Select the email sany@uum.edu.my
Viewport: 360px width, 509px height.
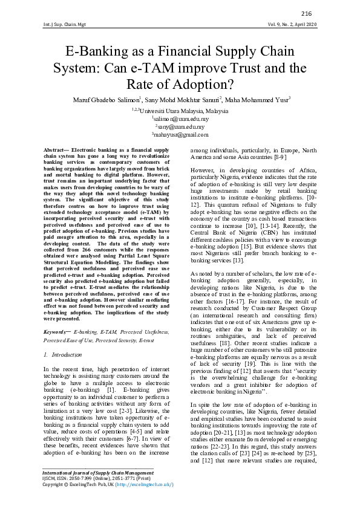[x=180, y=128]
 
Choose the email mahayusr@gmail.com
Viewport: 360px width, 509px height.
[x=180, y=136]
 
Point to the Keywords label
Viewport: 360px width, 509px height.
[x=58, y=332]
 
